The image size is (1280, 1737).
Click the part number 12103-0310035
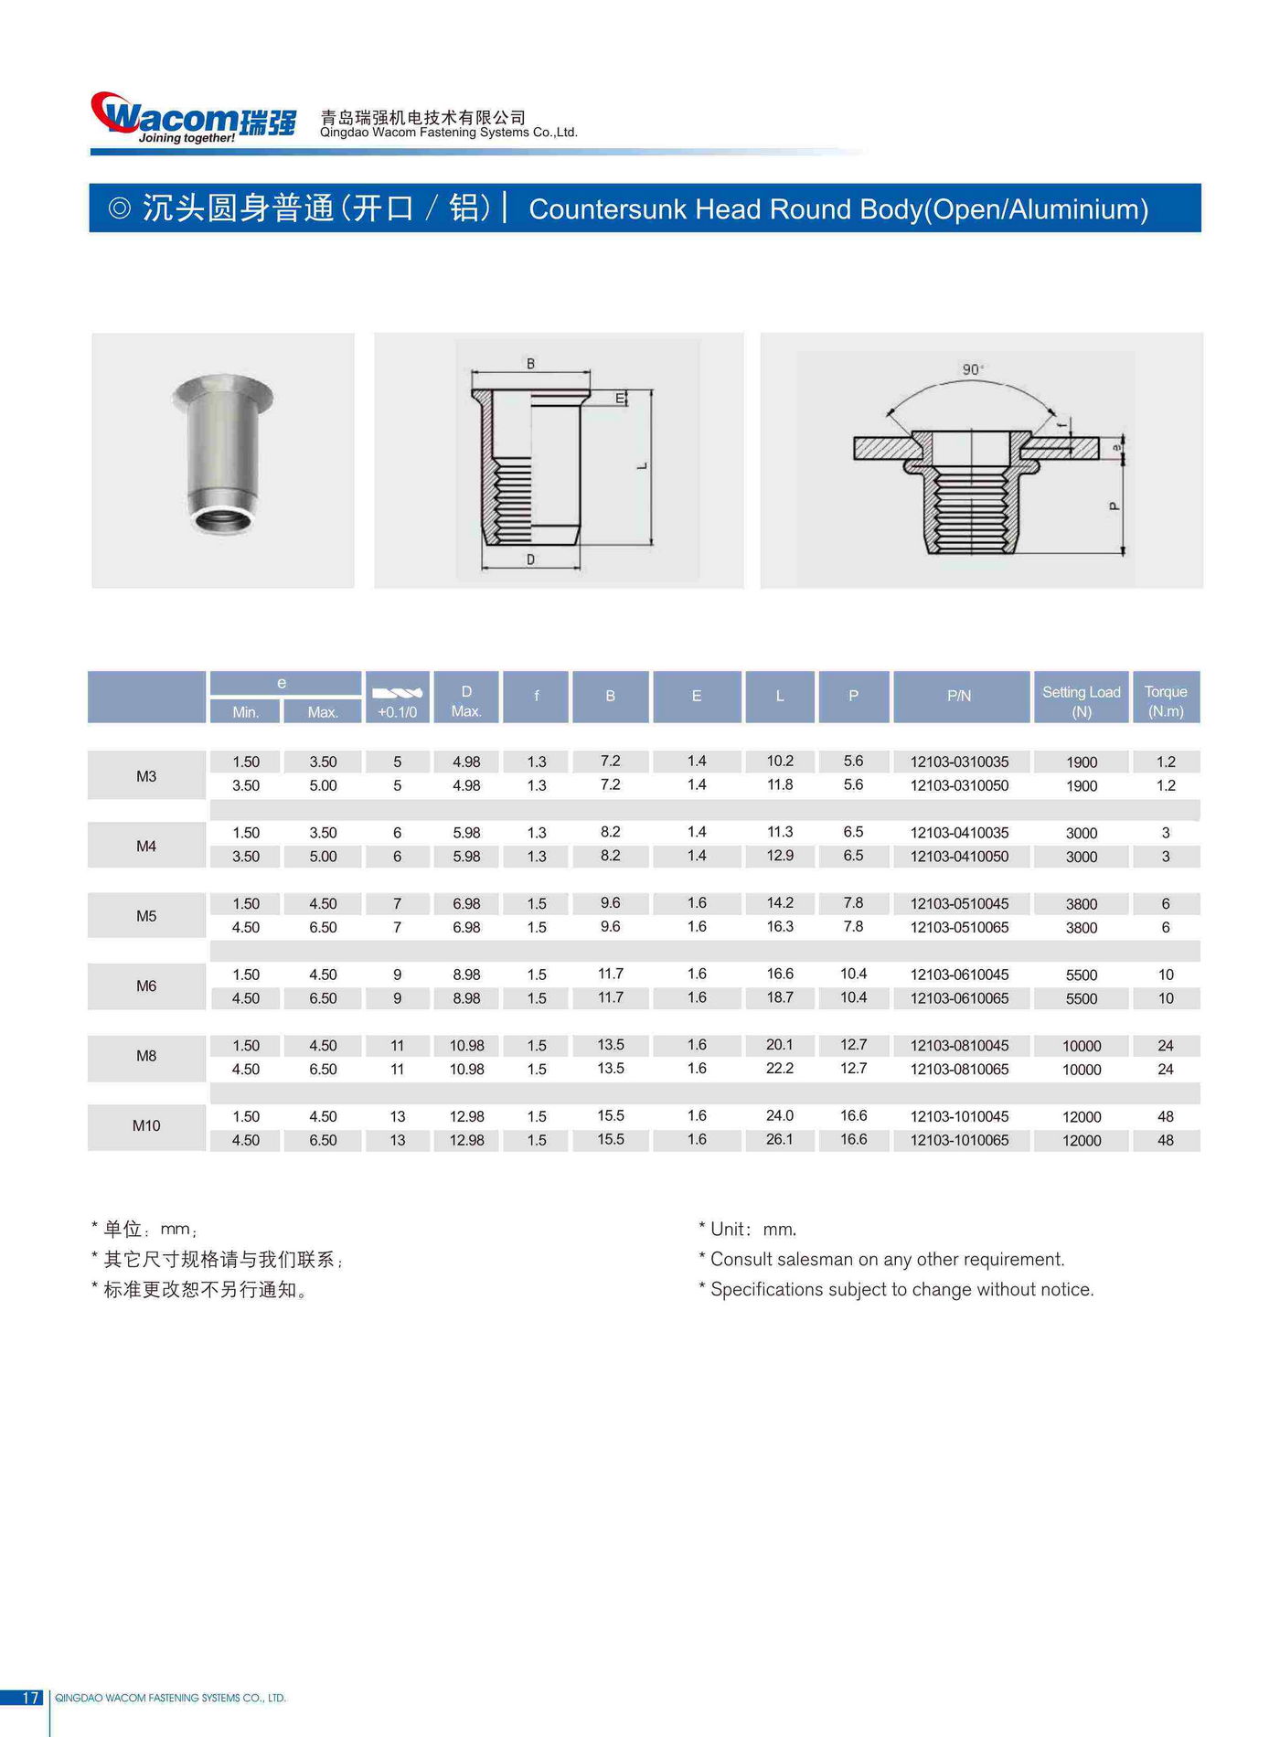(959, 762)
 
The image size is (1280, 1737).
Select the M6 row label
(146, 986)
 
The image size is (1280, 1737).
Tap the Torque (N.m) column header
(1165, 700)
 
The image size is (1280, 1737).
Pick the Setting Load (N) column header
(1081, 700)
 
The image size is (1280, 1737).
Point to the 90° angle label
(972, 369)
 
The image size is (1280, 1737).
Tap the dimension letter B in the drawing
(530, 364)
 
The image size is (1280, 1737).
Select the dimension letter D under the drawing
(530, 559)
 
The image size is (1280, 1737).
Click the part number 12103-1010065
(959, 1140)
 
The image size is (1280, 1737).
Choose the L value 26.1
(780, 1139)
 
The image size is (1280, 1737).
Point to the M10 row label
(146, 1125)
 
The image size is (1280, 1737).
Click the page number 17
(31, 1697)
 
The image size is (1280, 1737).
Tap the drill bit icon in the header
(398, 692)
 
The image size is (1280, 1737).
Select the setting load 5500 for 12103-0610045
(1081, 975)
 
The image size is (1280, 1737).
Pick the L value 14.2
(780, 902)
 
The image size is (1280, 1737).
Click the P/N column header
(959, 696)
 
